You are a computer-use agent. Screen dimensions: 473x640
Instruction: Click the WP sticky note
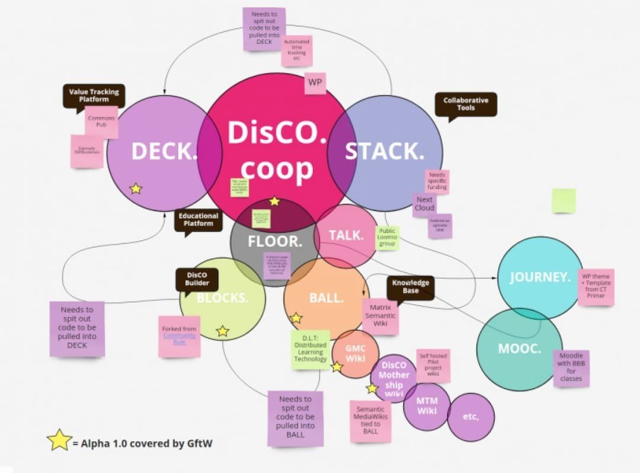tap(315, 83)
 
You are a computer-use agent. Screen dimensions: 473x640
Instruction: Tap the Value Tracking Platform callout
tap(94, 95)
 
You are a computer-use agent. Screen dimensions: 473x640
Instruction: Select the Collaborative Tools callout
tap(466, 104)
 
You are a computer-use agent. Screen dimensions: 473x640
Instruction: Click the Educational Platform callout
tap(199, 220)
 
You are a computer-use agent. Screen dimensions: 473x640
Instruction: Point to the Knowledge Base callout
tap(411, 287)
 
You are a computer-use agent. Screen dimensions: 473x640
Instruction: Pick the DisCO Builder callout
tap(197, 279)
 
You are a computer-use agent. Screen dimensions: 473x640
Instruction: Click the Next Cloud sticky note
tap(424, 204)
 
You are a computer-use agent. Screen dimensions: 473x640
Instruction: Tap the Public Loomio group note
tap(387, 238)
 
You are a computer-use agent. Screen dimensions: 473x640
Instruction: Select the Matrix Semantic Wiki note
tap(380, 316)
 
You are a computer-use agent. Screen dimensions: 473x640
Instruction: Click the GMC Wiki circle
tap(355, 354)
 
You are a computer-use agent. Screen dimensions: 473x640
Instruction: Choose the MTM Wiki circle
tap(427, 406)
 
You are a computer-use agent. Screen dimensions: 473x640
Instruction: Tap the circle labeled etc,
tap(471, 417)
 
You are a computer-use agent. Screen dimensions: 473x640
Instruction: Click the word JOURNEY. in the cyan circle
tap(540, 277)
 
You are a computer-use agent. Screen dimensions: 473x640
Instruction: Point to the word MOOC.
tap(519, 349)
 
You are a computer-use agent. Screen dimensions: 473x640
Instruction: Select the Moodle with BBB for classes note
tap(571, 367)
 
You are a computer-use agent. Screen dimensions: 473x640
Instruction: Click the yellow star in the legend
tap(59, 440)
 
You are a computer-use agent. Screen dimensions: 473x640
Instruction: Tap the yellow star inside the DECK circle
tap(136, 188)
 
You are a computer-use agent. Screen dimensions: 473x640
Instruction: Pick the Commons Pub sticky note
tap(101, 122)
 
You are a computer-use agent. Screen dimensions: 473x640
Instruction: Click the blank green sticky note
tap(564, 201)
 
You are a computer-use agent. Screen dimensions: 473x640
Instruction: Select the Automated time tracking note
tap(296, 50)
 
